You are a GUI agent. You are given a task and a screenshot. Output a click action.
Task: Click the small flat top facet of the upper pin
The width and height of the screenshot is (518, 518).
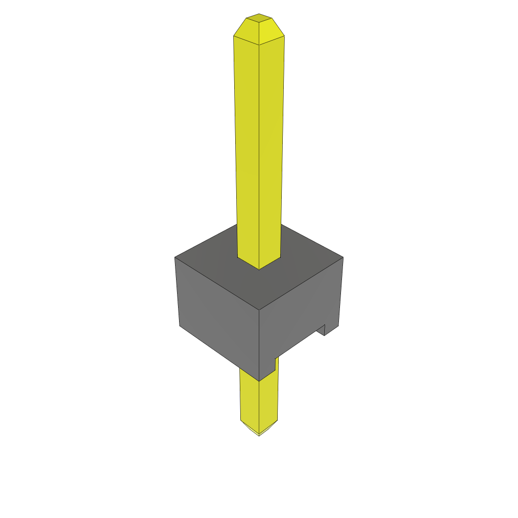[x=259, y=18]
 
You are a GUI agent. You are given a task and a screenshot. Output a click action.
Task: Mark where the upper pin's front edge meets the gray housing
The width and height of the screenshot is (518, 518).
[x=259, y=269]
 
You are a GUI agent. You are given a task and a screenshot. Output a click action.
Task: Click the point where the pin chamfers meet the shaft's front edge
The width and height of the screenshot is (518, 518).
[x=259, y=46]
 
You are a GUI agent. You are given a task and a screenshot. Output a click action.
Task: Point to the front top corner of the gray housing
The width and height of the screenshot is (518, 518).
[x=259, y=310]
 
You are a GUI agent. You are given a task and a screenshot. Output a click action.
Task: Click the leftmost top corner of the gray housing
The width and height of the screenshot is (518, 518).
[x=175, y=258]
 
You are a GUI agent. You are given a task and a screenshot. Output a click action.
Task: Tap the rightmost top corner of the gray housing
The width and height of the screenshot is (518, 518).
[x=343, y=257]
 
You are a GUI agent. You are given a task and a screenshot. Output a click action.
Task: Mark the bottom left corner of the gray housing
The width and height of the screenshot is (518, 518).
[x=180, y=326]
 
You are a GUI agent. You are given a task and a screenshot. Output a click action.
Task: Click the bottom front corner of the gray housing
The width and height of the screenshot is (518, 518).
[x=259, y=380]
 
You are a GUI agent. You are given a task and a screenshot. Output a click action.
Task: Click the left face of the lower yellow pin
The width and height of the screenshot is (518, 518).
[x=249, y=400]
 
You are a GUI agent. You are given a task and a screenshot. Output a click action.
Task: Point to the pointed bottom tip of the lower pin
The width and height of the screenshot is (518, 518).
[x=259, y=435]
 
